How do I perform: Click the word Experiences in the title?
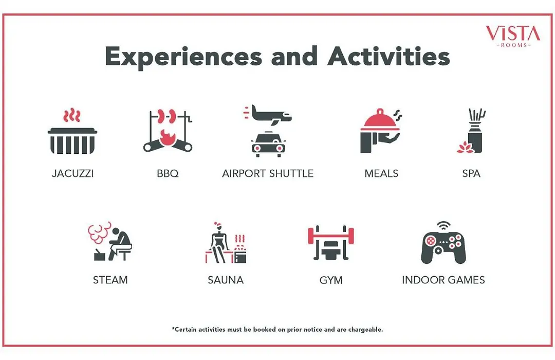183,57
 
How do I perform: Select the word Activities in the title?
388,56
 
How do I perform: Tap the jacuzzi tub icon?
72,141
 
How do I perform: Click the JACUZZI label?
72,173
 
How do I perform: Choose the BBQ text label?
168,173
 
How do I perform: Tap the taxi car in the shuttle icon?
268,144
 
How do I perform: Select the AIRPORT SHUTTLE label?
268,173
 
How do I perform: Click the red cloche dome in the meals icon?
380,120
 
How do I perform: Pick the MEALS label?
381,173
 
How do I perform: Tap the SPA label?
471,173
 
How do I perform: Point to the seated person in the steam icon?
120,244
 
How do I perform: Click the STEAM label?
110,280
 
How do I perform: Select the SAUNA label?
226,280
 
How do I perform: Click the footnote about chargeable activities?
277,330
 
